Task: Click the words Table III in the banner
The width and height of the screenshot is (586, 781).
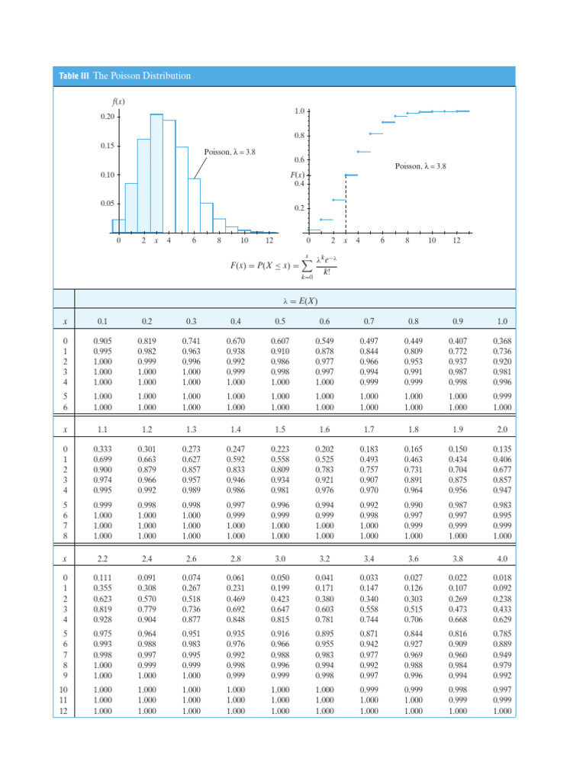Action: (x=74, y=76)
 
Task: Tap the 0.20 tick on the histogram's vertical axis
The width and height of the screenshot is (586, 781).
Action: (x=107, y=117)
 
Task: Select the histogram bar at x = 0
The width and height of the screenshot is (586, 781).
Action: (x=118, y=226)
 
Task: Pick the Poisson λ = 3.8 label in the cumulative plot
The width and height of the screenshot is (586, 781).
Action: (x=420, y=166)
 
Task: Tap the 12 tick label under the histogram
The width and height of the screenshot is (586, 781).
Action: (x=269, y=241)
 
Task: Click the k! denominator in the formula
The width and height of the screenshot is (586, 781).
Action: (x=327, y=272)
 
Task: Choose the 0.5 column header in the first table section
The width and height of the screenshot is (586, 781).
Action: (x=281, y=323)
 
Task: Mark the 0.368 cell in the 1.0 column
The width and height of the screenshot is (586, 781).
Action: (x=501, y=341)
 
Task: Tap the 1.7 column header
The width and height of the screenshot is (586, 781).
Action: (x=369, y=430)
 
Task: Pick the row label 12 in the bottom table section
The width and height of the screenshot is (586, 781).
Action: (x=65, y=711)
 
